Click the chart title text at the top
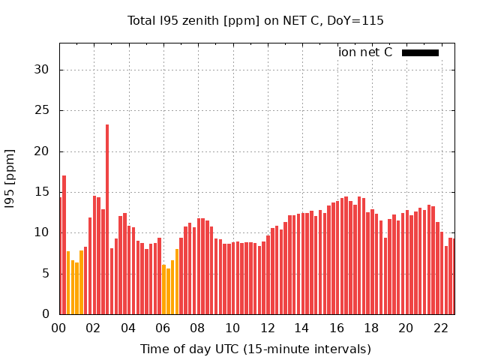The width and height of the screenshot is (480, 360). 255,21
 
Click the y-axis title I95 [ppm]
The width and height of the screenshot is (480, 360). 10,178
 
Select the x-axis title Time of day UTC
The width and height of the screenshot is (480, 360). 255,349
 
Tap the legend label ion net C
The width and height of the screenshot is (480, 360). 365,52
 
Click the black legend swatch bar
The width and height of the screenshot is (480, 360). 420,52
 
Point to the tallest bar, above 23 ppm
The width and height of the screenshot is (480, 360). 107,217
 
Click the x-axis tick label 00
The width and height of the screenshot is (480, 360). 58,328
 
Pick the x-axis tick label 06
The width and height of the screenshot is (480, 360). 163,328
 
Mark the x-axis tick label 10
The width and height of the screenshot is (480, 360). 232,328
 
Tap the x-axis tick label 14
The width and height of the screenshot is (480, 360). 301,328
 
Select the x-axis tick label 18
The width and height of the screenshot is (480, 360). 371,328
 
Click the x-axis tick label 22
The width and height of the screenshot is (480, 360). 440,328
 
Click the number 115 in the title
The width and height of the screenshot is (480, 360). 373,21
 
